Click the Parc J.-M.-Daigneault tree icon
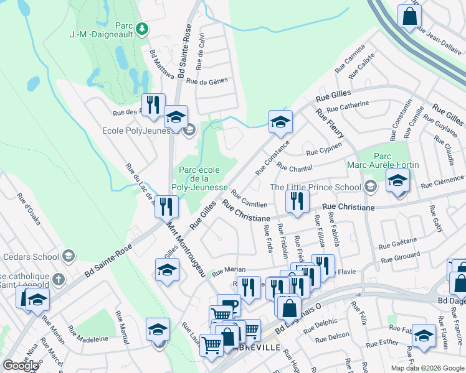click(x=143, y=28)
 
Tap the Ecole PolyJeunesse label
click(x=142, y=131)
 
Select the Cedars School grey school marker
click(x=69, y=256)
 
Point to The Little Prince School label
click(x=315, y=187)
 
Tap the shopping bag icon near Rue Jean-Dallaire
click(x=409, y=17)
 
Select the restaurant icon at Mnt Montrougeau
click(x=166, y=205)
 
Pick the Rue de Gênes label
click(x=207, y=81)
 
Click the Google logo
click(x=21, y=366)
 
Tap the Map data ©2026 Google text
click(x=427, y=368)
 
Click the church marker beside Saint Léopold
click(x=57, y=279)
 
